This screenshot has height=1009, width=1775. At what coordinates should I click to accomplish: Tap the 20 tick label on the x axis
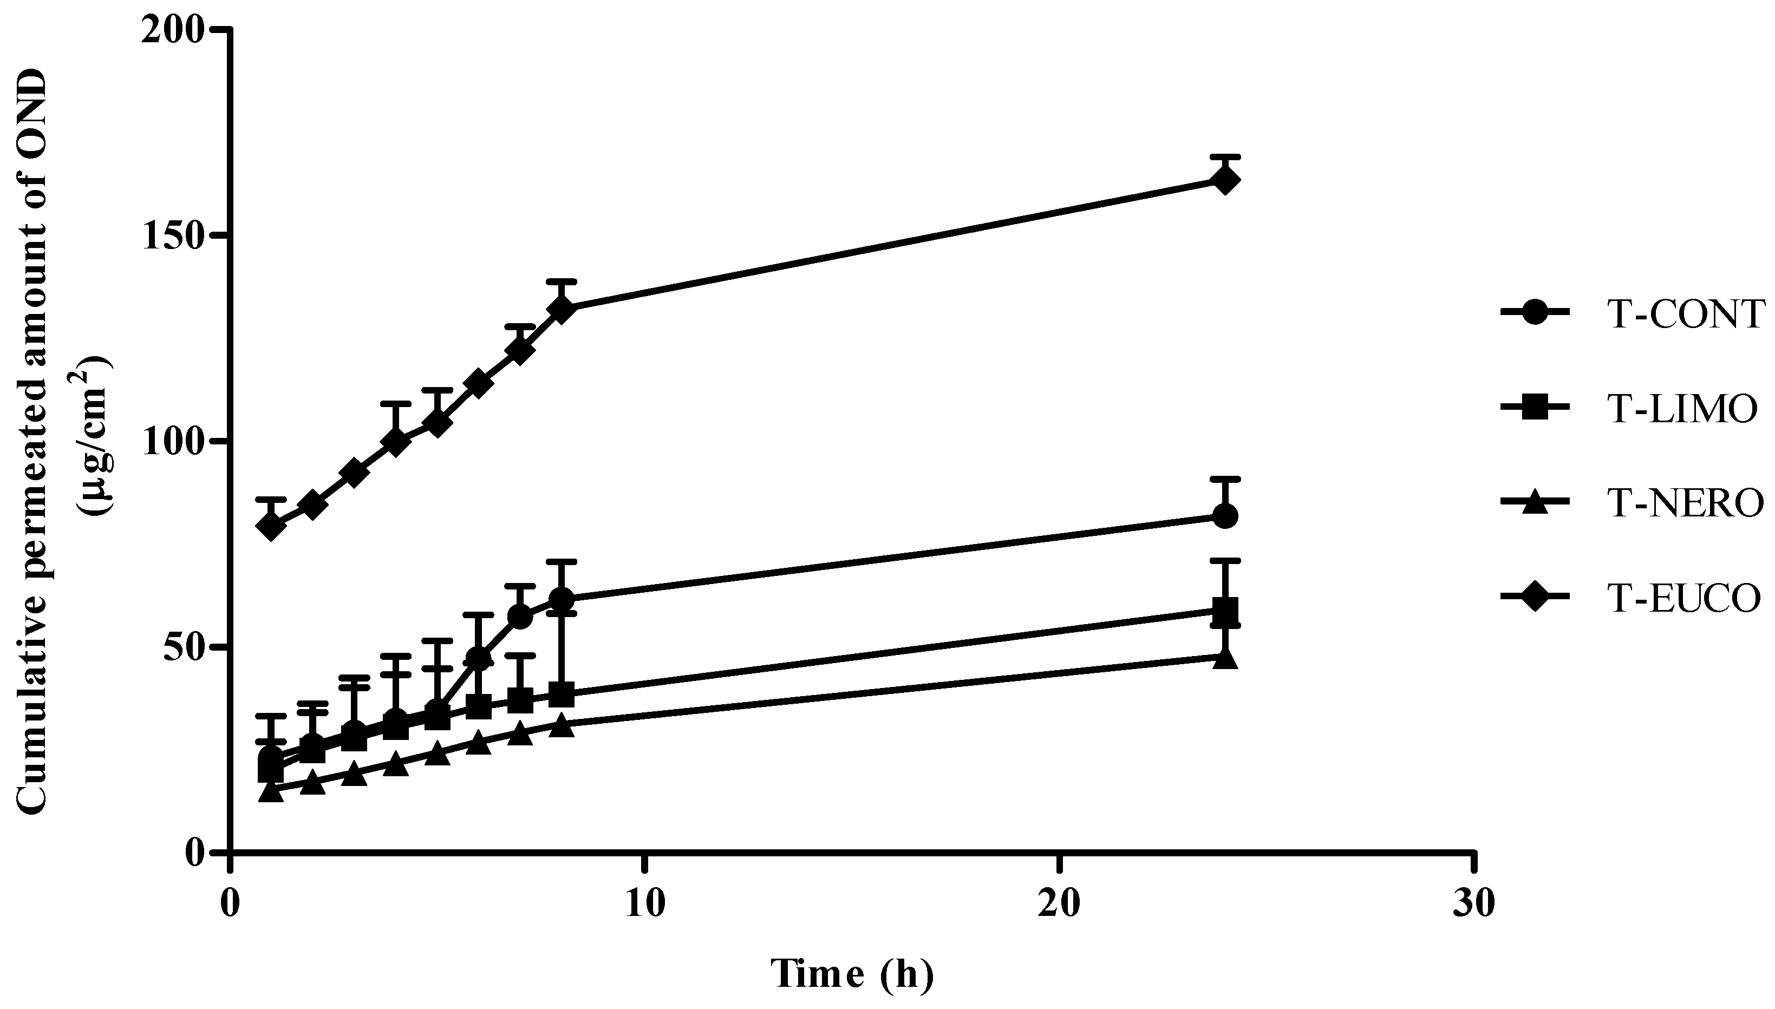click(x=1059, y=906)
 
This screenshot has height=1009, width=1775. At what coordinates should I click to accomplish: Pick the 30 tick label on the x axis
click(x=1473, y=906)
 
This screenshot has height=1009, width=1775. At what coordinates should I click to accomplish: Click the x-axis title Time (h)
click(x=852, y=974)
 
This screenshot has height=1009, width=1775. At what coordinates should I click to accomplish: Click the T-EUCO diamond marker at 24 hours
click(x=1225, y=181)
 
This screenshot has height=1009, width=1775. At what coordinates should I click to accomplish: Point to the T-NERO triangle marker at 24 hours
click(x=1225, y=658)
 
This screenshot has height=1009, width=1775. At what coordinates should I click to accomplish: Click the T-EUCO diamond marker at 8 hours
click(x=562, y=309)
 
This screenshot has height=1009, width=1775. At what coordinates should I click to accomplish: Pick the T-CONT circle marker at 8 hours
click(x=562, y=599)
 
